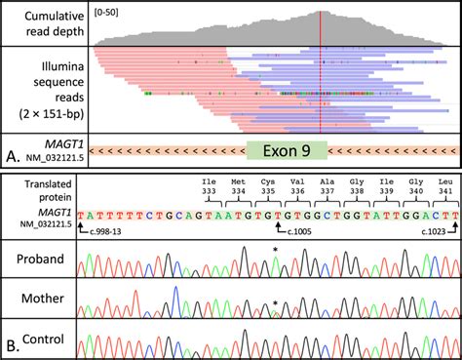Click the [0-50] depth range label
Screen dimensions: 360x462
pos(113,14)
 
